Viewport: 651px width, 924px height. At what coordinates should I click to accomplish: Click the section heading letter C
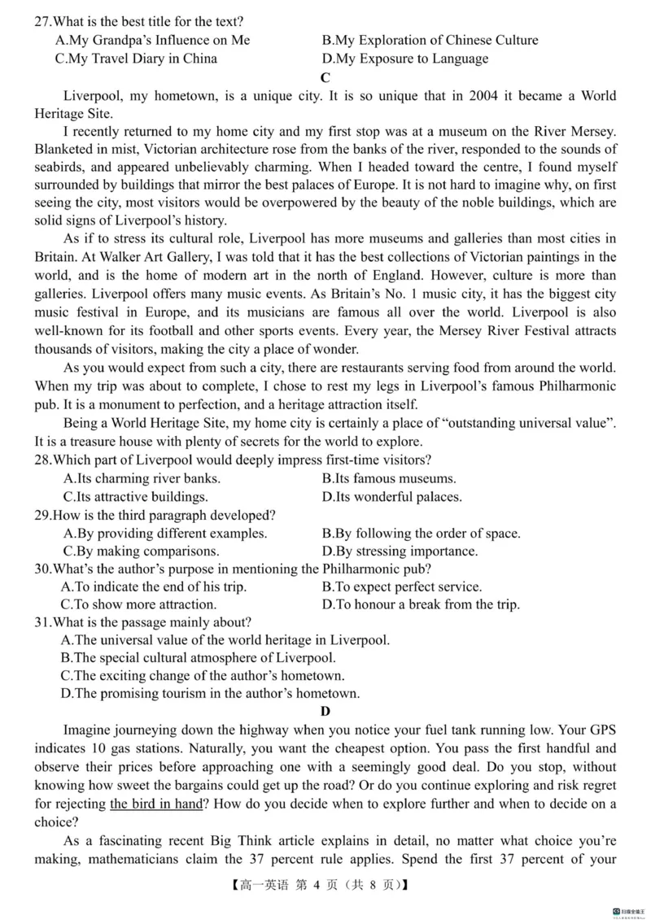(x=325, y=77)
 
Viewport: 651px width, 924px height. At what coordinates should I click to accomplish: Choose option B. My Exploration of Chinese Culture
(x=430, y=40)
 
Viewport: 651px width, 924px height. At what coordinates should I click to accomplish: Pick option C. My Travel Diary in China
(x=136, y=59)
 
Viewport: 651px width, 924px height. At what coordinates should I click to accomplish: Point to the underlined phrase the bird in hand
(x=159, y=804)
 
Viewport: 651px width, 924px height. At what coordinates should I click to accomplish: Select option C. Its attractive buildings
(x=135, y=496)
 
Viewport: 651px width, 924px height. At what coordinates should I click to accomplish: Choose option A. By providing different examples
(x=164, y=534)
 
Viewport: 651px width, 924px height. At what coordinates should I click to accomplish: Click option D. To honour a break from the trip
(x=421, y=604)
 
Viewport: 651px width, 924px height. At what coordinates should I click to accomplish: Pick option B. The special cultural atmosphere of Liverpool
(x=198, y=658)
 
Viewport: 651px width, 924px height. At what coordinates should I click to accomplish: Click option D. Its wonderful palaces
(x=392, y=496)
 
